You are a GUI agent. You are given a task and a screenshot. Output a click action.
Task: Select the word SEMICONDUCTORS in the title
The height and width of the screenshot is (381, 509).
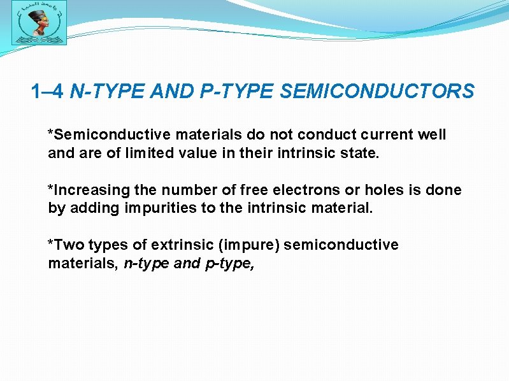point(376,92)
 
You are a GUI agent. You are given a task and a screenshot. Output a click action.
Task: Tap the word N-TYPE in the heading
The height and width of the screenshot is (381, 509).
point(107,92)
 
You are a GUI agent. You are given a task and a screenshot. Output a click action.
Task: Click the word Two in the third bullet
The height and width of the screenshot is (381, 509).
point(66,245)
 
